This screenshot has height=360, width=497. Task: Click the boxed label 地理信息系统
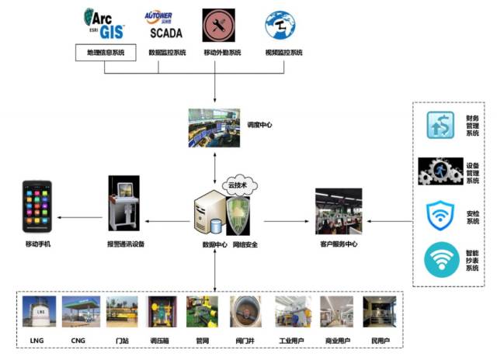[105, 53]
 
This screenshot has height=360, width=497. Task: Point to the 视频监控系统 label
[283, 53]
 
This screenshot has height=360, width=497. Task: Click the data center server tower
[209, 213]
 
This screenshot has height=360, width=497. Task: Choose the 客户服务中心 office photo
[339, 210]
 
